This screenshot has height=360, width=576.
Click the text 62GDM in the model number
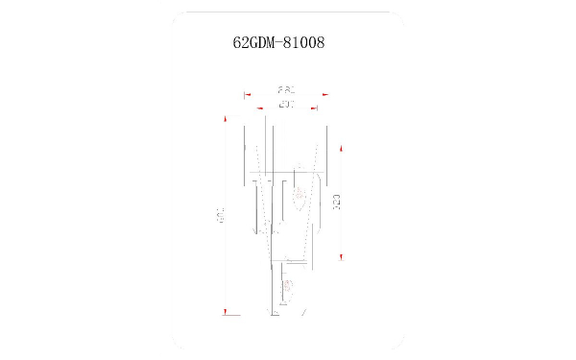tap(253, 43)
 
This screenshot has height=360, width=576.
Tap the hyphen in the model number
tap(282, 43)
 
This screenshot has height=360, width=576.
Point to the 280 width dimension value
tap(285, 88)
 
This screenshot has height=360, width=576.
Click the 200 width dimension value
tap(285, 103)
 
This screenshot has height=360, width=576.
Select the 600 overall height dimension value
tap(220, 216)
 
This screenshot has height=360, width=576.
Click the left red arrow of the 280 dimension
tap(247, 94)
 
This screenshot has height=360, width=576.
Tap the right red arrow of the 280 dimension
tap(325, 94)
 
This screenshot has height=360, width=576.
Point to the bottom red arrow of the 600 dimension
tap(227, 312)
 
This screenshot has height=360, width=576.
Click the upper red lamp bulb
tap(300, 196)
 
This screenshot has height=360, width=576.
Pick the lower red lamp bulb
tap(287, 284)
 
